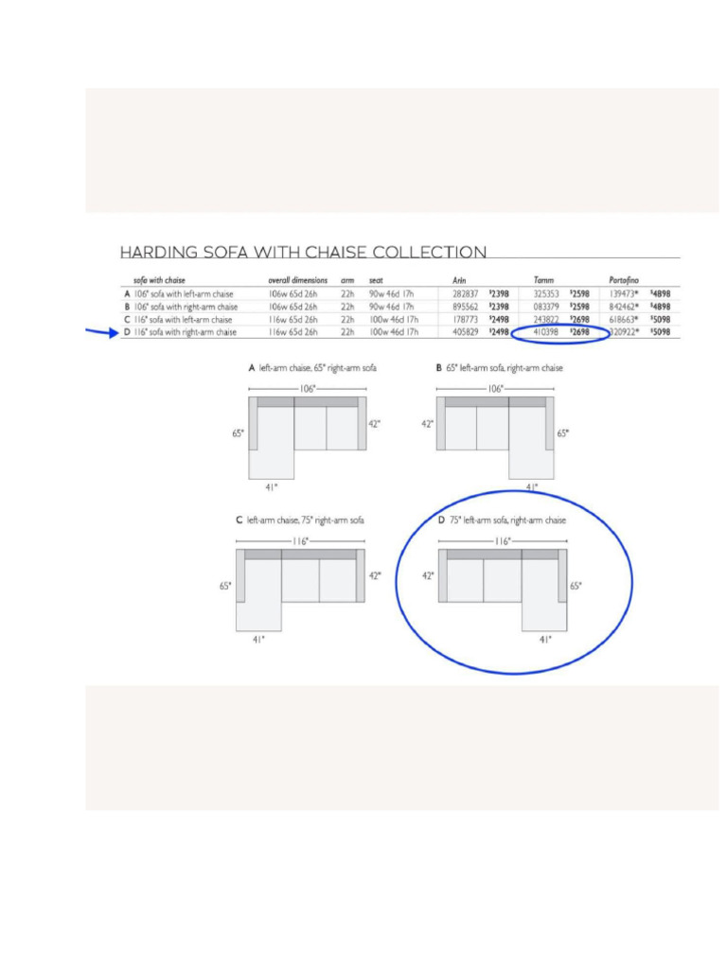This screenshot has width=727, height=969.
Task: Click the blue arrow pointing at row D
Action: coord(99,332)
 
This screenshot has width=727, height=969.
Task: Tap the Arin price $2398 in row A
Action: coord(499,294)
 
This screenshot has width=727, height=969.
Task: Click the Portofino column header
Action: coord(624,280)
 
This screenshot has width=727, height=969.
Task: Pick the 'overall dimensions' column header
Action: coord(297,280)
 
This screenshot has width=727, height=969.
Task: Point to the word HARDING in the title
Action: coord(159,253)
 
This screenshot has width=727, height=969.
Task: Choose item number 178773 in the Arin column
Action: coord(466,320)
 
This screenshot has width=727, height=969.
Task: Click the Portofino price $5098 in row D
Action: coord(660,333)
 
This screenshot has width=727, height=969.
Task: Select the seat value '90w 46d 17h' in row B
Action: coord(391,307)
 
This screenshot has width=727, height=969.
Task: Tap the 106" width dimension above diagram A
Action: coord(308,389)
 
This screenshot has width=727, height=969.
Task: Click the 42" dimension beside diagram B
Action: coord(427,424)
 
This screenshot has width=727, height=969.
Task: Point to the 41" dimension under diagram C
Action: coord(258,640)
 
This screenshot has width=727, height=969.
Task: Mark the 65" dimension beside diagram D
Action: coord(576,586)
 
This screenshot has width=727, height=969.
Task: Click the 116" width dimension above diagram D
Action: coord(503,541)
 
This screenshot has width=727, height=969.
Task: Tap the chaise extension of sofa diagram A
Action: coord(271,463)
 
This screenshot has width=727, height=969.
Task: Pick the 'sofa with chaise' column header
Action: coord(159,280)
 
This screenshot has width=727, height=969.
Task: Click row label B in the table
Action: coord(127,307)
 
